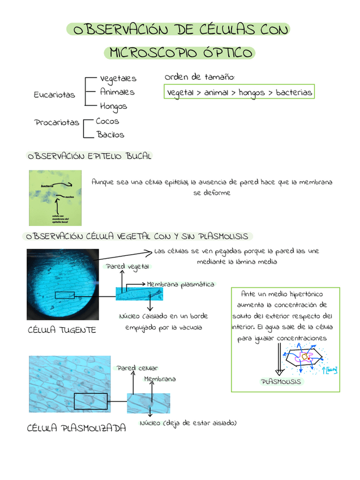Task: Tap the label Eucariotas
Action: point(54,95)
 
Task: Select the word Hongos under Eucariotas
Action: point(113,106)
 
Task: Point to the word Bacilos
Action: point(110,135)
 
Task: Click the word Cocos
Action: point(107,121)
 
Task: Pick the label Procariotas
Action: point(57,122)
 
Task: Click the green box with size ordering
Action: point(238,92)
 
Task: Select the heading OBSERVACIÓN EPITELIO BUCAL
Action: point(89,156)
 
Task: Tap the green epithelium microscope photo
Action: point(56,198)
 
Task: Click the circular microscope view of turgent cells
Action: point(63,284)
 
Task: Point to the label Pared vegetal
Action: point(127,266)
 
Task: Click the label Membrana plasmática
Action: point(180,284)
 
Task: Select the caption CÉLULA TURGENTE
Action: point(62,330)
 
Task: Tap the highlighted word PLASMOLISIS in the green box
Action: point(281,382)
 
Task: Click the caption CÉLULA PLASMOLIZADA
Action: point(76,428)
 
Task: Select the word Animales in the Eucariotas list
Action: point(117,92)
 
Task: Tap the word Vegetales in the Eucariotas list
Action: point(118,78)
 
